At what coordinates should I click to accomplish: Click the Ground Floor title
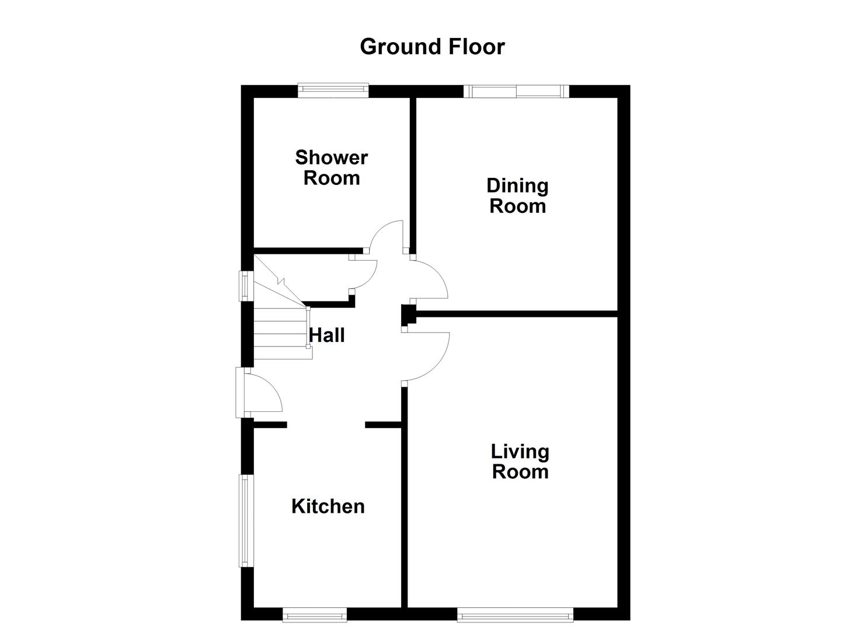click(432, 47)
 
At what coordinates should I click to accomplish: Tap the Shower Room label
click(331, 167)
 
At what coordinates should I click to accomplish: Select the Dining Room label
click(517, 196)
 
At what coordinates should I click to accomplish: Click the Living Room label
click(520, 461)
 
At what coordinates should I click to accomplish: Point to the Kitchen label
click(328, 506)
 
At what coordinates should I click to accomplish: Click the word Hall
click(326, 335)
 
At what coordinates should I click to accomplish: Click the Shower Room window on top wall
click(333, 89)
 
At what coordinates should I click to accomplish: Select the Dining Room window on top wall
click(516, 91)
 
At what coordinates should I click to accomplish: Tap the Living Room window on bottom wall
click(515, 614)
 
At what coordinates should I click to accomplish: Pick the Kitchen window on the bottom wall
click(314, 614)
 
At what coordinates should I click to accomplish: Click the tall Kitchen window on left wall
click(244, 520)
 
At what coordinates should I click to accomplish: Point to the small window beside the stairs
click(247, 286)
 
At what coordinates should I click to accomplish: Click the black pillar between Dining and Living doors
click(408, 315)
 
